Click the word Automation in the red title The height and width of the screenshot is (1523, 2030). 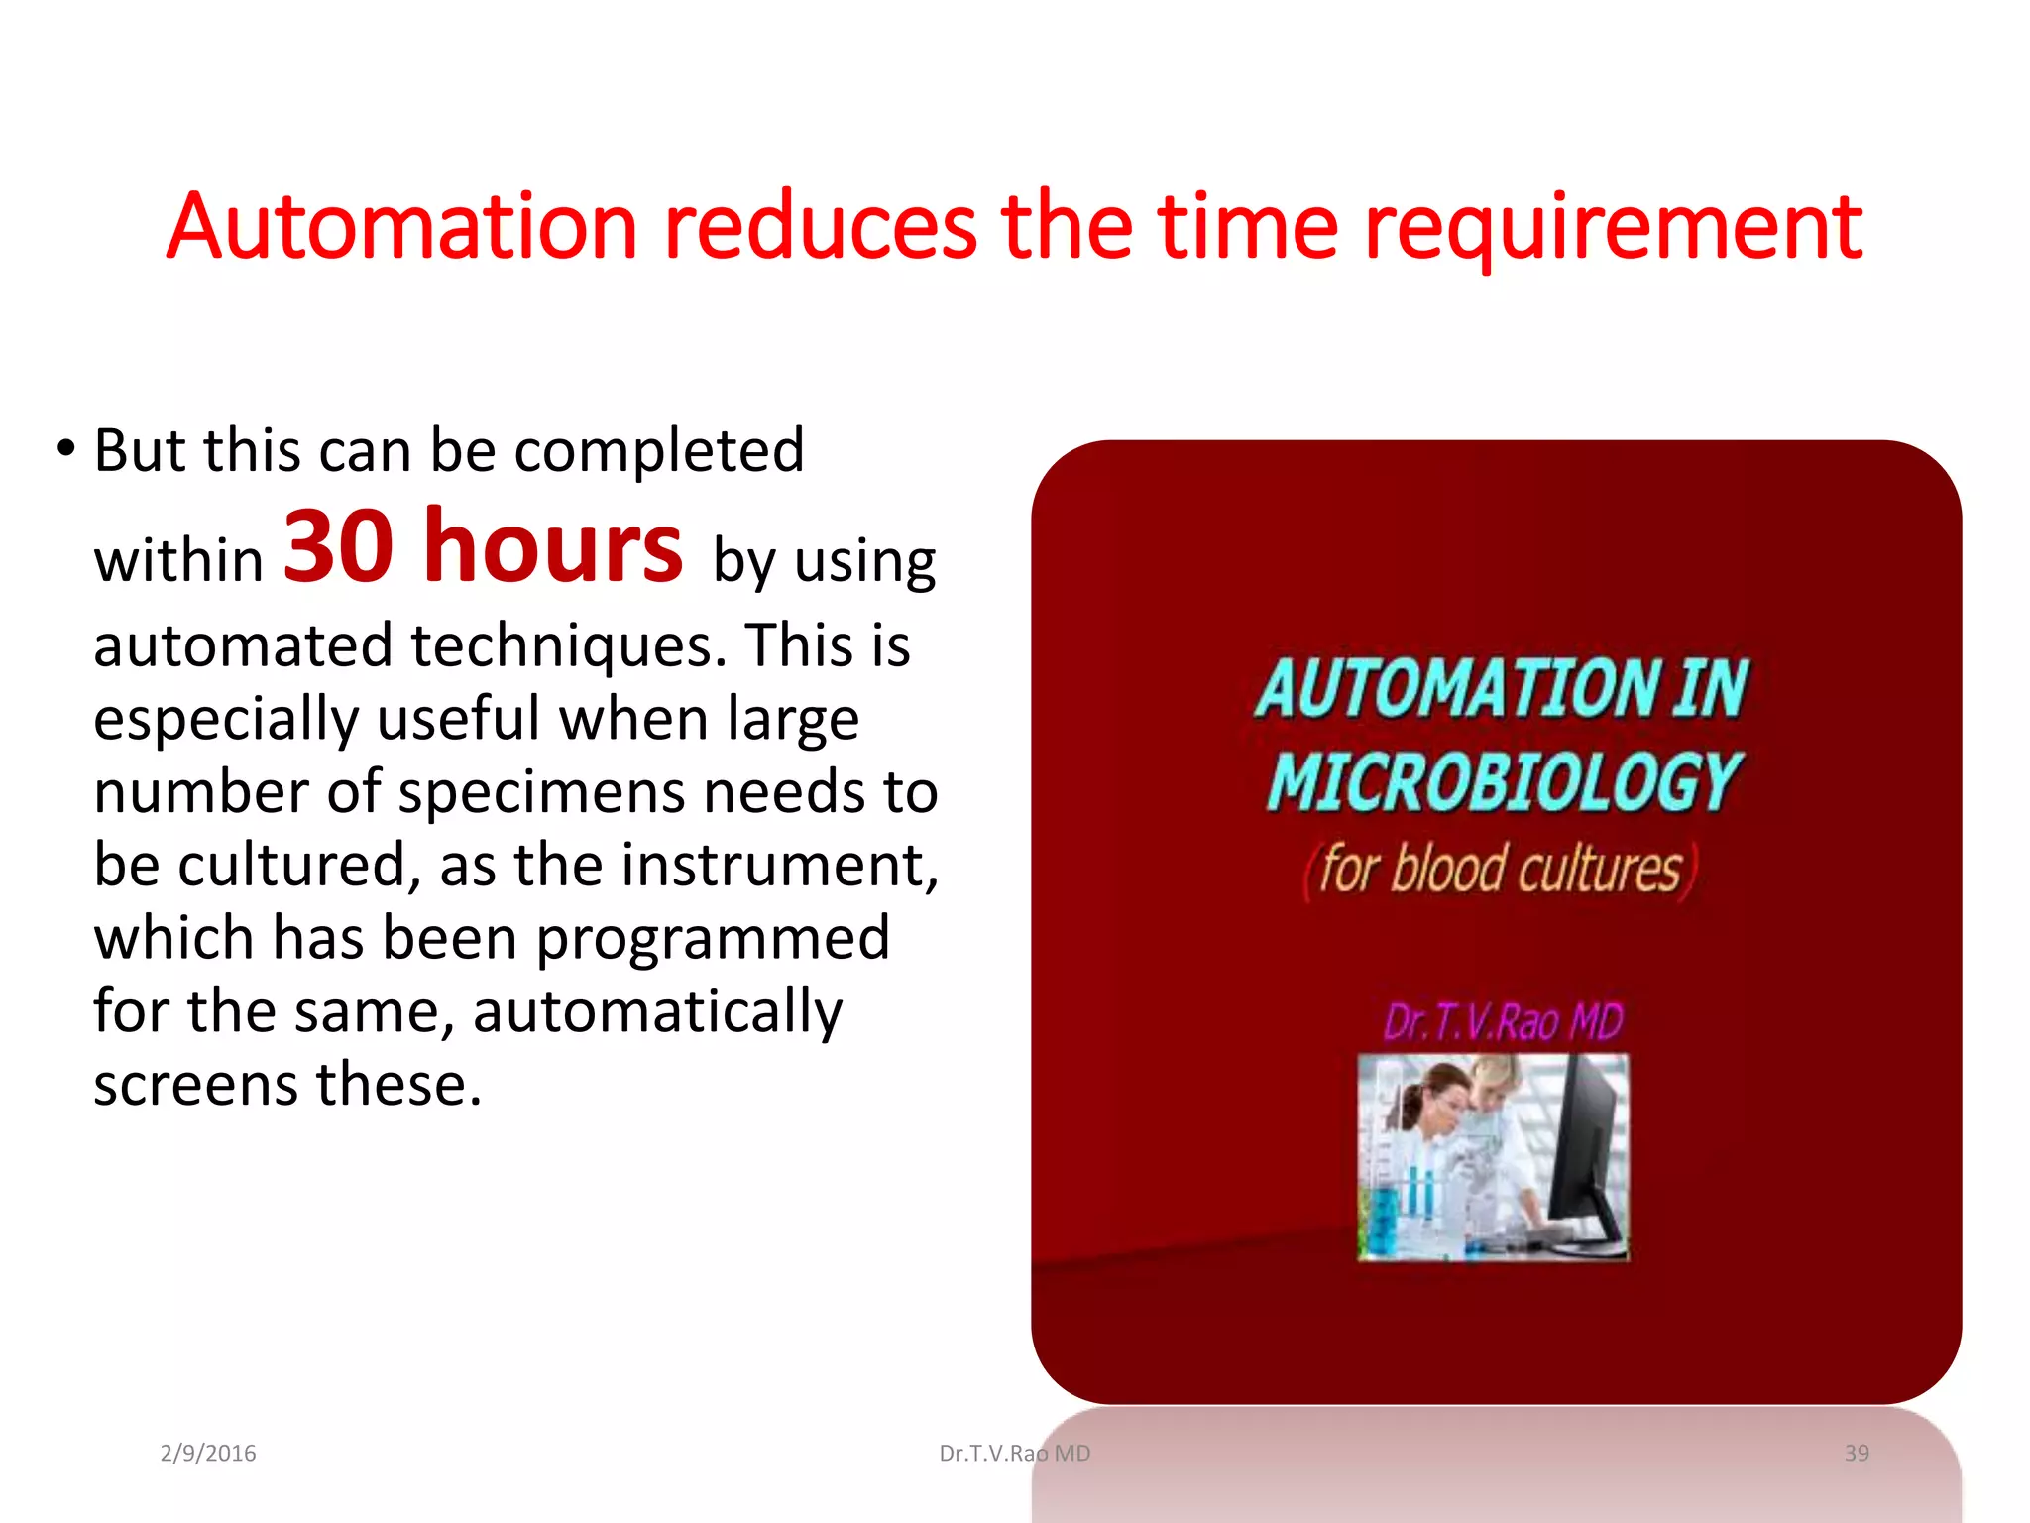401,227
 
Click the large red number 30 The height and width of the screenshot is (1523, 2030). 338,547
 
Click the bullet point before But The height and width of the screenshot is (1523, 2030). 65,449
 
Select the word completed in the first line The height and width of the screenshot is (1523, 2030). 659,452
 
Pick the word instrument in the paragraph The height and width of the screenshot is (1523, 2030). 779,865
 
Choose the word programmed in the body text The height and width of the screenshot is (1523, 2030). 713,940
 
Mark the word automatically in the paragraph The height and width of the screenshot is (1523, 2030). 657,1013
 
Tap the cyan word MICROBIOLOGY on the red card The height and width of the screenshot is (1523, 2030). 1503,781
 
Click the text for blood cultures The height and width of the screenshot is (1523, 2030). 1501,869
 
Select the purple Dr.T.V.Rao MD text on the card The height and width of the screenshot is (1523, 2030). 1503,1021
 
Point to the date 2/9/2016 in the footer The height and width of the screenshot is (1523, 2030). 208,1454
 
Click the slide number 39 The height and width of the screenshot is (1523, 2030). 1857,1454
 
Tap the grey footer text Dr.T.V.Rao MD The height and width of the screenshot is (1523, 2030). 1015,1454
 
